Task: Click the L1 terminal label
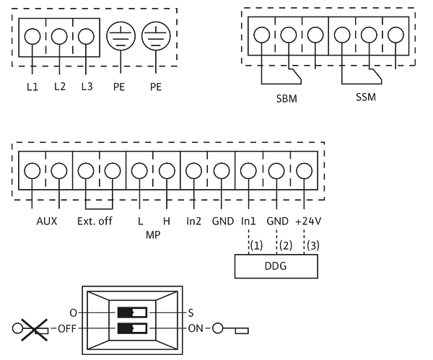pos(32,87)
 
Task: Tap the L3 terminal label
pos(87,87)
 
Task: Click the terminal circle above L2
pos(59,36)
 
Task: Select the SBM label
pos(287,99)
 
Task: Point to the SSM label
pos(366,97)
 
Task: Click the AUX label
pos(47,221)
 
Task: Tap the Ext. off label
pos(95,221)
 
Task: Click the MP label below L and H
pos(153,235)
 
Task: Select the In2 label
pos(193,221)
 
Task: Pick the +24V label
pos(308,221)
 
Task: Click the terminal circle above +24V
pos(304,170)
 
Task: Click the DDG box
pos(276,266)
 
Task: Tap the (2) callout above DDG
pos(286,245)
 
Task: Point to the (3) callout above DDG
pos(313,245)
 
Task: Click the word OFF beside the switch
pos(67,329)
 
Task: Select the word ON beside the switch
pos(196,328)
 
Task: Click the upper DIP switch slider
pos(132,312)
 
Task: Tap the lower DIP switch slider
pos(132,328)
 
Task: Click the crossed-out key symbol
pos(30,329)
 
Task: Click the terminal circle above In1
pos(248,170)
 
